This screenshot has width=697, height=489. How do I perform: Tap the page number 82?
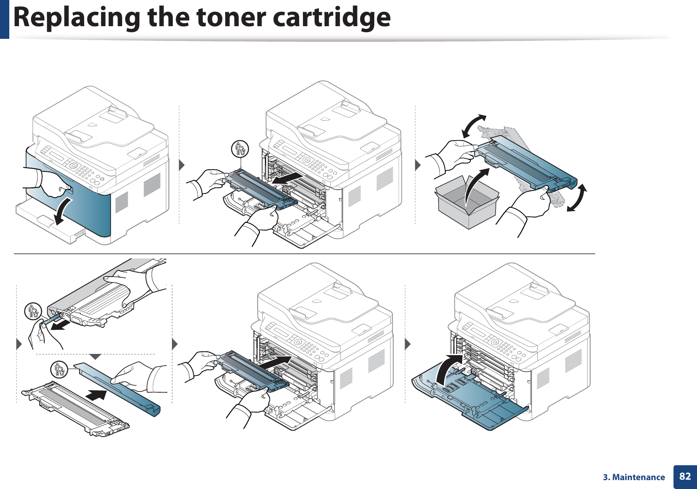(x=685, y=477)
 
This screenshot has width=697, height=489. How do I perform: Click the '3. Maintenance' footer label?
(x=634, y=477)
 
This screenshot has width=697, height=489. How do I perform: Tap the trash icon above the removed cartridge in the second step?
(x=240, y=149)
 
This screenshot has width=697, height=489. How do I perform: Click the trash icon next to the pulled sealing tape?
(x=33, y=312)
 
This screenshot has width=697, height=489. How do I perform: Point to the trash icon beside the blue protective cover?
(x=59, y=370)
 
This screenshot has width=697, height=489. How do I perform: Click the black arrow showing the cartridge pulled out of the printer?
(x=287, y=178)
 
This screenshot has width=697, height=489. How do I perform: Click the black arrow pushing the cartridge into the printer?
(x=277, y=361)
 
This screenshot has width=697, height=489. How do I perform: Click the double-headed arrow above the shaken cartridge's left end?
(x=474, y=126)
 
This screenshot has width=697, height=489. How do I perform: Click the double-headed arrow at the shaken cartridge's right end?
(x=577, y=198)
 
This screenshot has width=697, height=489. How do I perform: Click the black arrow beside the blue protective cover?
(x=96, y=396)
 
